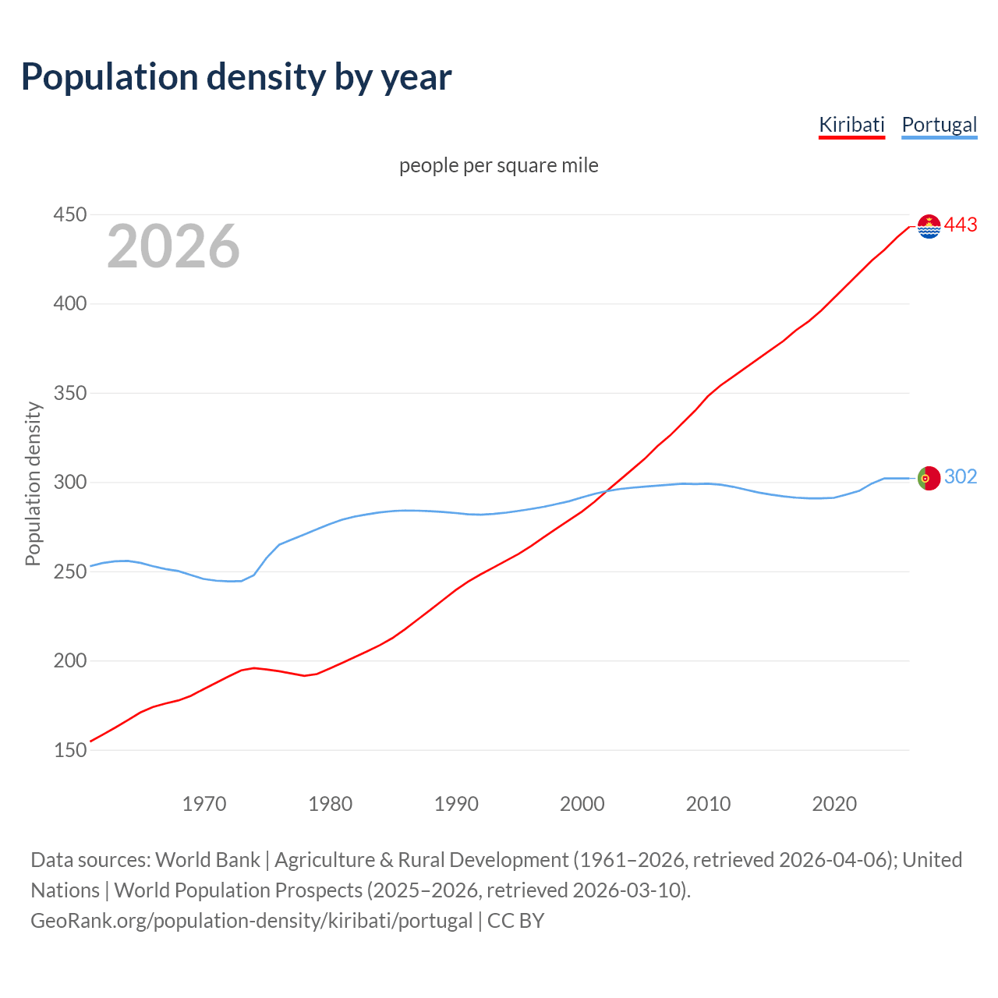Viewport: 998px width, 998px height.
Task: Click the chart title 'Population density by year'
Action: tap(236, 76)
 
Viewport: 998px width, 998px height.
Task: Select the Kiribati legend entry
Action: tap(851, 125)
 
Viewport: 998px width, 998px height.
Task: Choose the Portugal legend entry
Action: tap(939, 125)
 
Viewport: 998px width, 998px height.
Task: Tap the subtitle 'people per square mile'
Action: tap(499, 165)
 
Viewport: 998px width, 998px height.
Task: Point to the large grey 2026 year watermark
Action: tap(173, 246)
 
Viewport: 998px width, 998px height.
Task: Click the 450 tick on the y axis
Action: tap(69, 214)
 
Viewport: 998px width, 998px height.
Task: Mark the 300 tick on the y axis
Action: tap(69, 483)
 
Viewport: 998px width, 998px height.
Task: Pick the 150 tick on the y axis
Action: tap(69, 750)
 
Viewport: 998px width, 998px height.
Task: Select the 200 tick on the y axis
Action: tap(69, 661)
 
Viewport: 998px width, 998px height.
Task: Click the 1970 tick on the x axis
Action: tap(204, 803)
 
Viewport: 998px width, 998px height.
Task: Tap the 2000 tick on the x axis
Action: tap(582, 803)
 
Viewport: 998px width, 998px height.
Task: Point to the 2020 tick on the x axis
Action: tap(834, 803)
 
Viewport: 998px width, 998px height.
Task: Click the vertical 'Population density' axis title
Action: tap(33, 483)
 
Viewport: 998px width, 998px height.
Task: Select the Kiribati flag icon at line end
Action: tap(929, 226)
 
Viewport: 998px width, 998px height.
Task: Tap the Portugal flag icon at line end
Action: tap(929, 478)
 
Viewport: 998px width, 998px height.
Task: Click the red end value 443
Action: tap(961, 225)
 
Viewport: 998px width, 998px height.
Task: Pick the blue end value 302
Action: tap(961, 477)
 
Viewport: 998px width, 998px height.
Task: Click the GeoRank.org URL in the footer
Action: tap(251, 921)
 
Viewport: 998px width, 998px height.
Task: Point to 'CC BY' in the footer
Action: tap(515, 921)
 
